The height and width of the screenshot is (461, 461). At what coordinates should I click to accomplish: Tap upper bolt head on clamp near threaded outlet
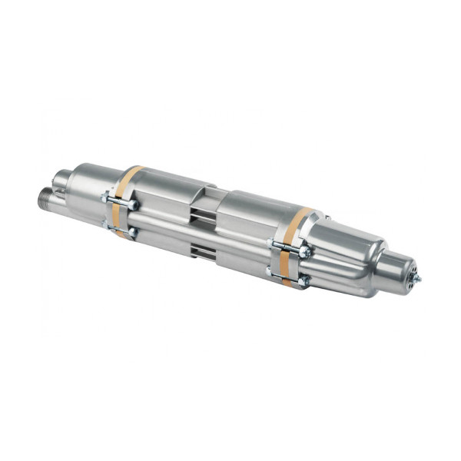(x=105, y=199)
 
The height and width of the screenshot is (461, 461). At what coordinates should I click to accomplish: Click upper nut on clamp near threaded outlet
(x=133, y=205)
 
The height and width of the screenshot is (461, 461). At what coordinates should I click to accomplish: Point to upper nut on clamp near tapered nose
(x=305, y=252)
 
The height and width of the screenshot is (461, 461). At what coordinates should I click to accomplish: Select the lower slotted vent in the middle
(x=201, y=249)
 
